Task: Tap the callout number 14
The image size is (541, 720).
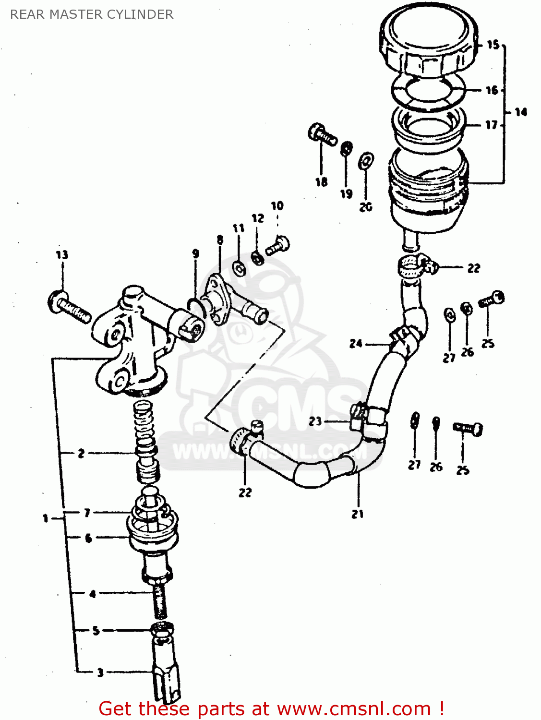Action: (x=521, y=112)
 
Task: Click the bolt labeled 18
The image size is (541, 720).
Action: (x=322, y=134)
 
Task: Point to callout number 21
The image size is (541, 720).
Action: (x=358, y=514)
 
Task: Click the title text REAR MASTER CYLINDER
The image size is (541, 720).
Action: (x=92, y=14)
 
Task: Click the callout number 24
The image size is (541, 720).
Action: (x=356, y=344)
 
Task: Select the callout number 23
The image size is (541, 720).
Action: (x=315, y=421)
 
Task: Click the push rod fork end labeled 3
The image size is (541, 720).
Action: (x=166, y=672)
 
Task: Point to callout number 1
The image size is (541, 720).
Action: (x=46, y=518)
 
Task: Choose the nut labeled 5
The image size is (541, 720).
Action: (x=163, y=629)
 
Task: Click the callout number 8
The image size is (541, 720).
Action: (x=220, y=240)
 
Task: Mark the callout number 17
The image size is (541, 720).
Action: (x=491, y=125)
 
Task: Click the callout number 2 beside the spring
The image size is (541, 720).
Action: (x=81, y=453)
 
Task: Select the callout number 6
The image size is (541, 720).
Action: (x=88, y=539)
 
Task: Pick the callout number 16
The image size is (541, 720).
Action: (x=492, y=90)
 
